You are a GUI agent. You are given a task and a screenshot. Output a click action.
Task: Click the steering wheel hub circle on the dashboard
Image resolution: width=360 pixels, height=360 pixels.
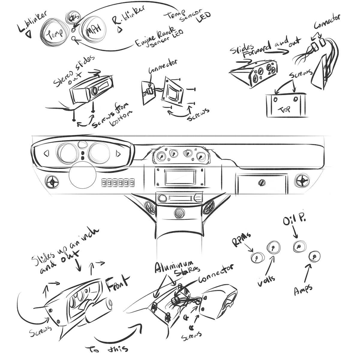(82, 177)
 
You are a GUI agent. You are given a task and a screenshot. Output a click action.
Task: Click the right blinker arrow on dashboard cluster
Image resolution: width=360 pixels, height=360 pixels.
(118, 154)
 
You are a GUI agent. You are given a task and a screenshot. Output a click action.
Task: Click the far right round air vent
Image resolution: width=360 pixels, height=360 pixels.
(301, 181)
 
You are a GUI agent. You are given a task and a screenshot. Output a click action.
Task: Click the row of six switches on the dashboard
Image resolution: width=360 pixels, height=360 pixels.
(117, 182)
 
